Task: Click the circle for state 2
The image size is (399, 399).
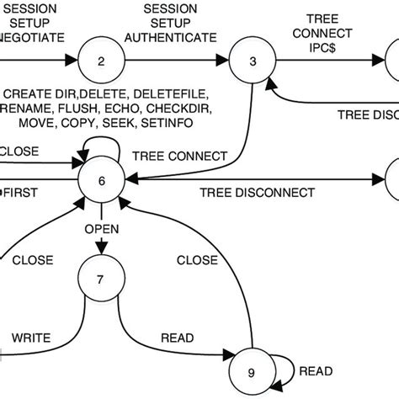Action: [x=102, y=61]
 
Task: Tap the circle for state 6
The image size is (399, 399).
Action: [x=102, y=179]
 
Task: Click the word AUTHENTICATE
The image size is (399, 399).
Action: [x=178, y=38]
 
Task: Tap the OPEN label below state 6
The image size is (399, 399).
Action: [x=101, y=229]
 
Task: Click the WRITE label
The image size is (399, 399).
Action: [x=31, y=339]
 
